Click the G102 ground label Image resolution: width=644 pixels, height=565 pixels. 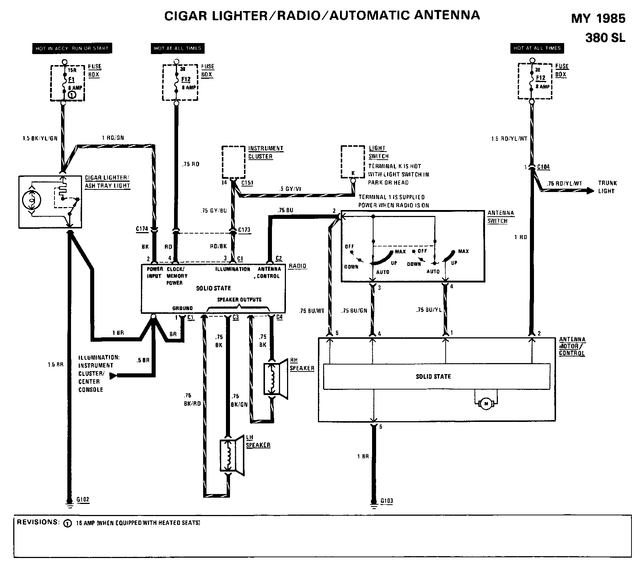83,500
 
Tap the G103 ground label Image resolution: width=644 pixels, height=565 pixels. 387,501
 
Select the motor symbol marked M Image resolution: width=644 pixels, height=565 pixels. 486,404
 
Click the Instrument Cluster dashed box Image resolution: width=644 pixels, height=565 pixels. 233,162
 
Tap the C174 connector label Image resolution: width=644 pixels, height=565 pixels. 142,229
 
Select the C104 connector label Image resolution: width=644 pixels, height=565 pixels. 543,167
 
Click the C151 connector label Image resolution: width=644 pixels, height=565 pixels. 247,183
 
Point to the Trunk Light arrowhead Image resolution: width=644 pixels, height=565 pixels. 590,191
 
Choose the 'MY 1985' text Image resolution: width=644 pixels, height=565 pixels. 598,18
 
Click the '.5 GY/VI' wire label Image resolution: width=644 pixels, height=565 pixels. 291,189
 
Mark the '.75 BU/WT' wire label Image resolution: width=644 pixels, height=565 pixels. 312,311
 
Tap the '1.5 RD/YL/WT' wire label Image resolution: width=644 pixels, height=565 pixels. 509,139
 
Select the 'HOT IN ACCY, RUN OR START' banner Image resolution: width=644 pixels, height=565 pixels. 72,48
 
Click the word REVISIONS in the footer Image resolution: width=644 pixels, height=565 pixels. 38,522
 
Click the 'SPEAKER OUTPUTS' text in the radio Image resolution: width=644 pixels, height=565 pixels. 239,300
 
